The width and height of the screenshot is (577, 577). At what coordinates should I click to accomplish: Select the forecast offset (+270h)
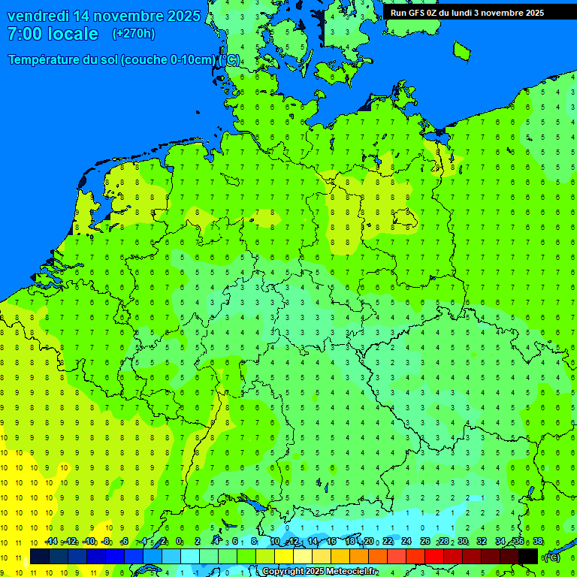click(134, 34)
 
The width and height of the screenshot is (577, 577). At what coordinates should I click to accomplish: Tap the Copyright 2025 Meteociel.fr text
click(319, 572)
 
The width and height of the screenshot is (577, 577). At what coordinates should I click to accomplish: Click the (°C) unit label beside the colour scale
click(551, 557)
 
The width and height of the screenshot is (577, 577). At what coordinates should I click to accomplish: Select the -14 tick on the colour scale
click(51, 542)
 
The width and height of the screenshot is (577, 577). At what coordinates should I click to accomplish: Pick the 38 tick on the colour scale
click(538, 542)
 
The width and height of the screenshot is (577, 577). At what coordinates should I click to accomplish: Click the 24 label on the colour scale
click(406, 542)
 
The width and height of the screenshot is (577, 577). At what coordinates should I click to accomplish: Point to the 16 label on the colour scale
click(331, 542)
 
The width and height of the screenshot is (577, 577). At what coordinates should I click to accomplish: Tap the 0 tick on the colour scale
click(180, 542)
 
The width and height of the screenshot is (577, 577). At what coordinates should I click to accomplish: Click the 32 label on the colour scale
click(482, 542)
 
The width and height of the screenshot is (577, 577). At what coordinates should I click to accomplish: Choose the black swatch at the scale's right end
click(528, 556)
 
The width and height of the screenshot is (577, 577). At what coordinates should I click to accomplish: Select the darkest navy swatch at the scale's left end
click(40, 556)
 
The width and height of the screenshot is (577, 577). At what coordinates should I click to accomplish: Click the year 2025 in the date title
click(183, 16)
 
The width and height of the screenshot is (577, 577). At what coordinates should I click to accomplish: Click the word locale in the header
click(73, 34)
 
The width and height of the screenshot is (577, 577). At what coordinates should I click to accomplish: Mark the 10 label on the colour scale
click(275, 542)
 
